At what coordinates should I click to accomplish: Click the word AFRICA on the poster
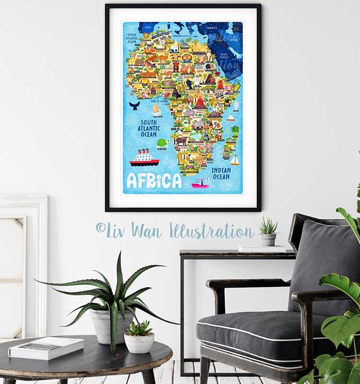(x=154, y=180)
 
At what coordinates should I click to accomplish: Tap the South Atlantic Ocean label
(x=149, y=128)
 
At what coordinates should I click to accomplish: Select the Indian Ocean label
(x=221, y=173)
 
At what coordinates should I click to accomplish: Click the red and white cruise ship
(x=144, y=158)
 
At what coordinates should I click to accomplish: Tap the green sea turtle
(x=162, y=143)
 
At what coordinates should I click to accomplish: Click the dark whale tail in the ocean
(x=134, y=106)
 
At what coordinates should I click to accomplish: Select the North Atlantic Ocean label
(x=132, y=38)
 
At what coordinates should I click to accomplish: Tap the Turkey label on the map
(x=212, y=28)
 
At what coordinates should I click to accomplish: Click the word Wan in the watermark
(x=147, y=230)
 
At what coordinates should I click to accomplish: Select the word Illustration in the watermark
(x=211, y=230)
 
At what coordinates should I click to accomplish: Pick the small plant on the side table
(x=268, y=231)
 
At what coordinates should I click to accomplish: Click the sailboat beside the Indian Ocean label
(x=235, y=160)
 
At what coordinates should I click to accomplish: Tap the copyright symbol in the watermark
(x=100, y=228)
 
